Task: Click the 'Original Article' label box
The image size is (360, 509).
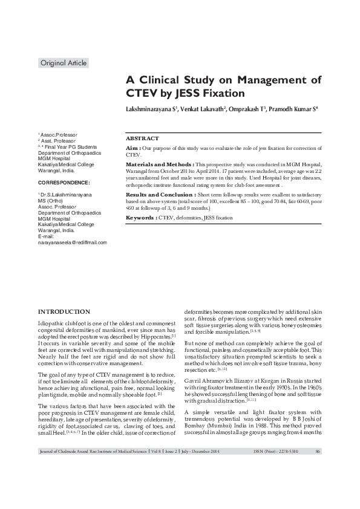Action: [63, 63]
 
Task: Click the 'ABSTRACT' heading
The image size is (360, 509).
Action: [143, 138]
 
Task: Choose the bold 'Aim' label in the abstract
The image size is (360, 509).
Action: [132, 148]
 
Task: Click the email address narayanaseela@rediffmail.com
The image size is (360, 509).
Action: [72, 242]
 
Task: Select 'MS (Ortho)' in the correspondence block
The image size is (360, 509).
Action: [51, 201]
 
